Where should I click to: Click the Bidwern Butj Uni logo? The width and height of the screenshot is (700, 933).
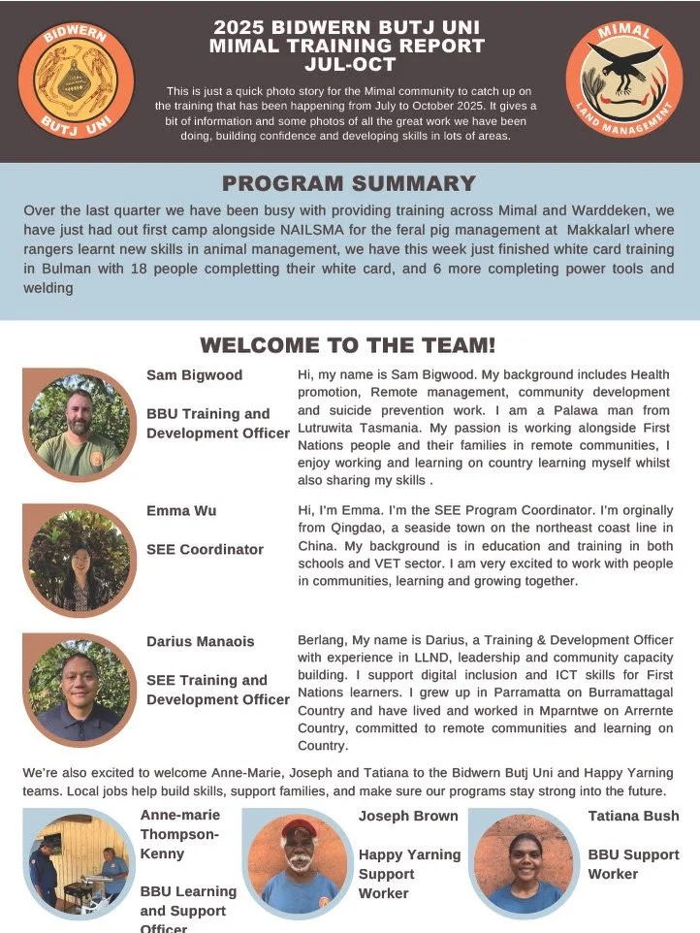[x=76, y=80]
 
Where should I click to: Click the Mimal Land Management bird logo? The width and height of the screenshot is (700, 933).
[x=623, y=80]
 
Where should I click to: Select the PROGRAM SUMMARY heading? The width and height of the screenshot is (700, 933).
[x=349, y=183]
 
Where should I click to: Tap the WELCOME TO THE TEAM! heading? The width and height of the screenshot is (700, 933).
[x=348, y=344]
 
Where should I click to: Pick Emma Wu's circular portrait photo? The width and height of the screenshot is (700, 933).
[x=79, y=560]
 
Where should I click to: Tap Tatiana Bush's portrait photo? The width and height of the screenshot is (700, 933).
[x=523, y=862]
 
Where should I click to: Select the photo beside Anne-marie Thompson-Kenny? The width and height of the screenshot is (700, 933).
[x=78, y=862]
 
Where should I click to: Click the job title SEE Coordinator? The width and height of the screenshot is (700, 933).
[x=205, y=549]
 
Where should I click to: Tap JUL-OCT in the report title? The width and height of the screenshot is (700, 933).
[x=349, y=64]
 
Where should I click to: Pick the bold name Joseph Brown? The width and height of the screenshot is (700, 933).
[x=408, y=816]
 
